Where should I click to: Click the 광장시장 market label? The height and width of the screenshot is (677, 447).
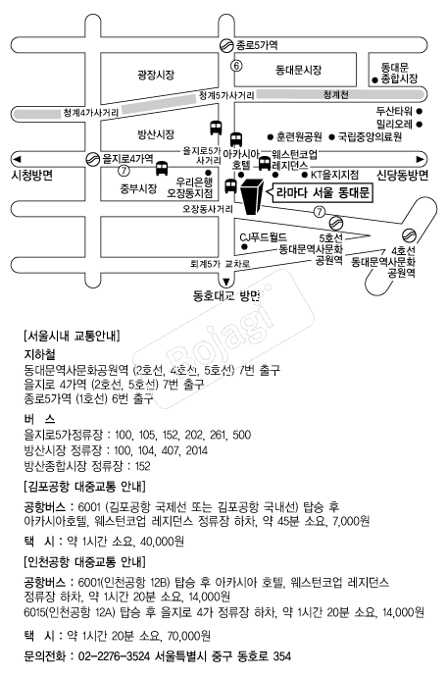pyautogui.click(x=156, y=75)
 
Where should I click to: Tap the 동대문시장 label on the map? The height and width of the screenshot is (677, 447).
pyautogui.click(x=299, y=70)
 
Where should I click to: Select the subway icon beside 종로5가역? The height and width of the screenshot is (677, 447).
pyautogui.click(x=226, y=45)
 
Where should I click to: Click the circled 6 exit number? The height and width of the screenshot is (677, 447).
pyautogui.click(x=236, y=66)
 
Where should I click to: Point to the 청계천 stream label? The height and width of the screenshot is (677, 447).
pyautogui.click(x=336, y=94)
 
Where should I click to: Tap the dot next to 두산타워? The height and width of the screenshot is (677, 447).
pyautogui.click(x=419, y=112)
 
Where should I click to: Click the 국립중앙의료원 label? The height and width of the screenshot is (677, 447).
pyautogui.click(x=370, y=136)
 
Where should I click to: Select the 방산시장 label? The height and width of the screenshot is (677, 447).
pyautogui.click(x=156, y=134)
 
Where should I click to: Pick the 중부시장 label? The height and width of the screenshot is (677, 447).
pyautogui.click(x=138, y=188)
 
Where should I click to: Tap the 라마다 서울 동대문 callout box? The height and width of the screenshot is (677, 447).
pyautogui.click(x=321, y=192)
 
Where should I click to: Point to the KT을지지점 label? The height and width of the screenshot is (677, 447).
pyautogui.click(x=335, y=175)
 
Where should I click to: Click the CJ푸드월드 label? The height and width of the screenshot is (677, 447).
pyautogui.click(x=263, y=237)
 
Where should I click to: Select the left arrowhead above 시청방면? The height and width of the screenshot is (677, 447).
pyautogui.click(x=17, y=159)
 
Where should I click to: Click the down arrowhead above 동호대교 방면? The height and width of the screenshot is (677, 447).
pyautogui.click(x=225, y=283)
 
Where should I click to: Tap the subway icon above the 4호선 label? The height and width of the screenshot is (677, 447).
pyautogui.click(x=409, y=235)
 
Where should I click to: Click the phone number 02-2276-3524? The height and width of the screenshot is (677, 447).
pyautogui.click(x=115, y=656)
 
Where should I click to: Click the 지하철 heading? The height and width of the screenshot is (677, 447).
pyautogui.click(x=39, y=354)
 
